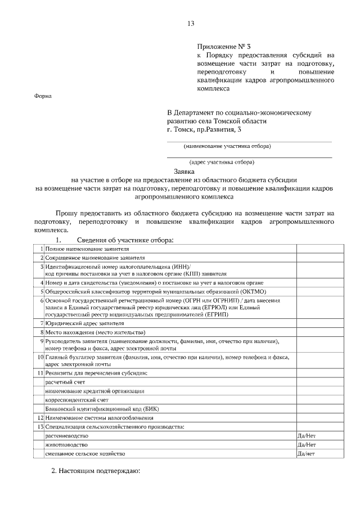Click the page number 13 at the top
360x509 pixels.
click(191, 23)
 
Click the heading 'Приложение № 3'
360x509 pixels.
click(221, 47)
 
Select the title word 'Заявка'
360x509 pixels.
click(183, 171)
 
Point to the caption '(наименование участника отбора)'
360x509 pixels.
click(227, 146)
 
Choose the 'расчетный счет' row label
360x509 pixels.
click(65, 382)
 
